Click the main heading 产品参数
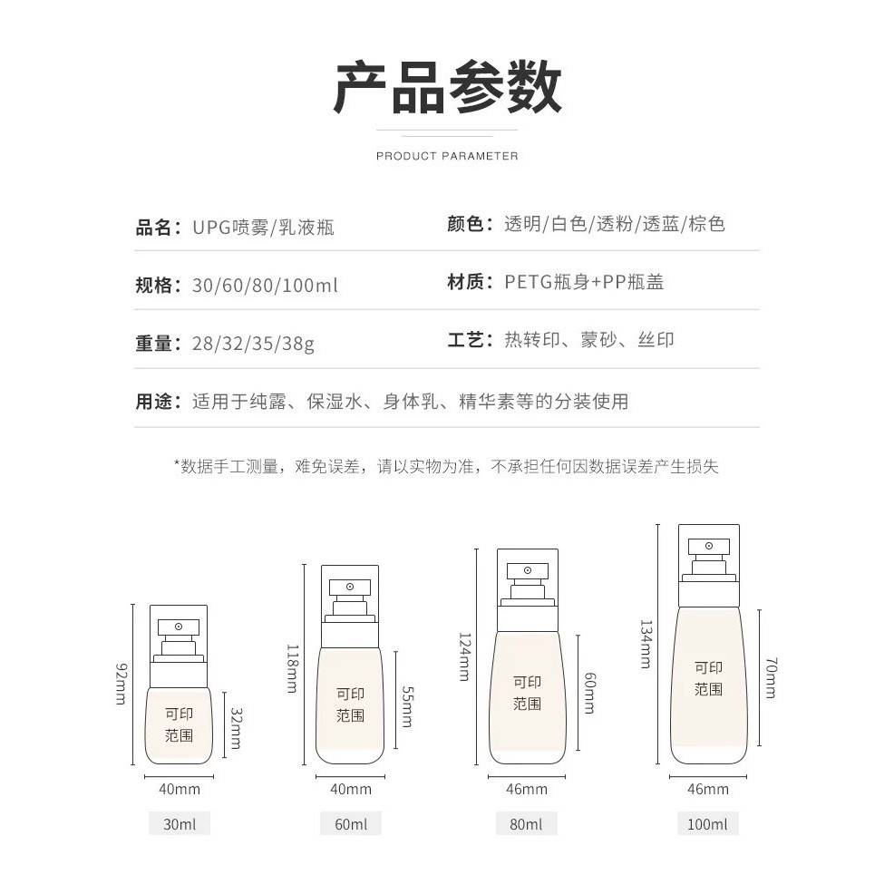[448, 87]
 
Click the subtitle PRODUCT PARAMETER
[447, 156]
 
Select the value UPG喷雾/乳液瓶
[264, 228]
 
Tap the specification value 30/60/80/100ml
[265, 285]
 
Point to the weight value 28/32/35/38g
[253, 344]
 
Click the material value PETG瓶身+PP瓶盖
[585, 282]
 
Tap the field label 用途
[153, 402]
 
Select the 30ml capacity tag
[180, 824]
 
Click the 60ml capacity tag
[351, 824]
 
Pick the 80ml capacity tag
[526, 824]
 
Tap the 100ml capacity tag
[707, 824]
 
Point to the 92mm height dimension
[121, 684]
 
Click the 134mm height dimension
[646, 644]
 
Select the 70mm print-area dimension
[771, 678]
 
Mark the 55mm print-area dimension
[407, 706]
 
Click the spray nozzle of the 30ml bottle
[179, 627]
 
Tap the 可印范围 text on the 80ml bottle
[527, 693]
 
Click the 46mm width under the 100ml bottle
[707, 789]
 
